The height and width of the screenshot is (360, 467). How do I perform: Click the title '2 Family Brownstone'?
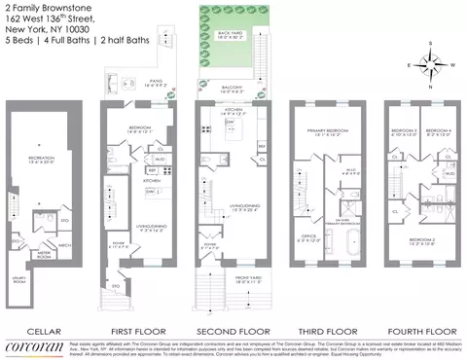point(40,7)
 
